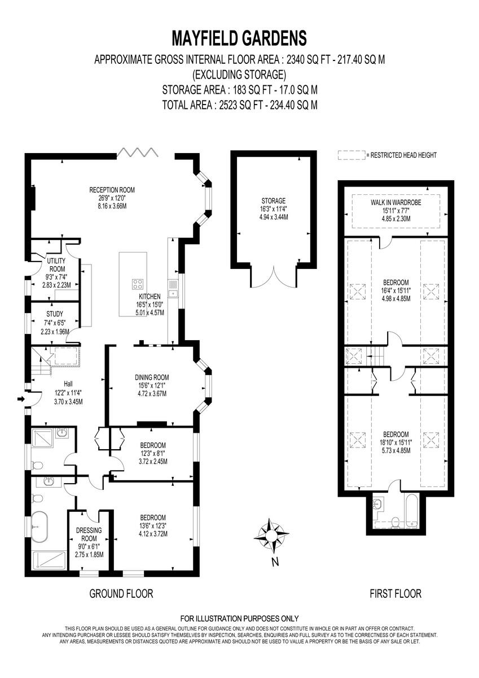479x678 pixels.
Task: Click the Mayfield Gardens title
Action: [239, 38]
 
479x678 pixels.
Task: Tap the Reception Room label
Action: [112, 190]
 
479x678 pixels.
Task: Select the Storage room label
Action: [273, 201]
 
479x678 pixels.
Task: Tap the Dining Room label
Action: [152, 377]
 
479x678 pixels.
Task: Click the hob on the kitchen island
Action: [138, 284]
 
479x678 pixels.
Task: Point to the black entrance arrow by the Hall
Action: [21, 399]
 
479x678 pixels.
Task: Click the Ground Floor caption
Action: [121, 594]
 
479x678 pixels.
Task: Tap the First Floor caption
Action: [395, 594]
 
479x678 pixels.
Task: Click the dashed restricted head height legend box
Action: [350, 155]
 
